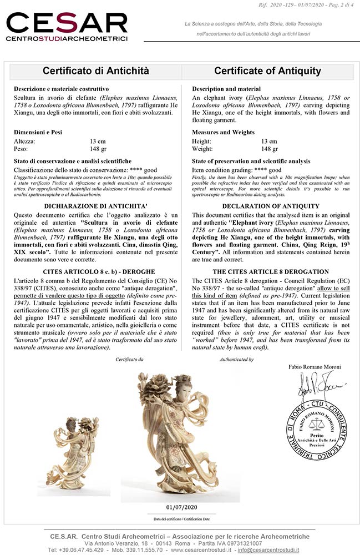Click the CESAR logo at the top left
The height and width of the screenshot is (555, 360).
point(67,26)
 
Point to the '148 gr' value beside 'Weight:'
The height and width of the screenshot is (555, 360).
point(270,149)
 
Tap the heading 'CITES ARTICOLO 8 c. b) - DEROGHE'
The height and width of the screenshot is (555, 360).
point(96,271)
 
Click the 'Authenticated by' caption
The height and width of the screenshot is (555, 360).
point(237,360)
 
